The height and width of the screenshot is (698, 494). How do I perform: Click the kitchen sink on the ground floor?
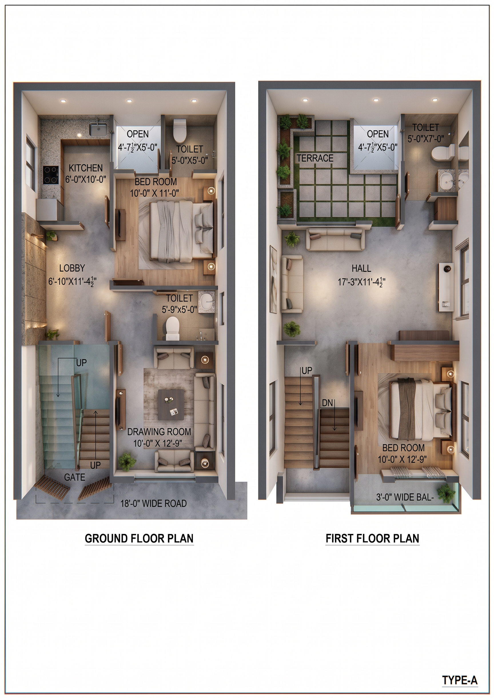point(98,129)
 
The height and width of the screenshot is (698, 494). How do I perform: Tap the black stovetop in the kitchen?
point(51,175)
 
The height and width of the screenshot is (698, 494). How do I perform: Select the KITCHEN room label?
point(85,168)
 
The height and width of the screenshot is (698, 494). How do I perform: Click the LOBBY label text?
point(72,268)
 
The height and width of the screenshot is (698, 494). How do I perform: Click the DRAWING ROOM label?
point(159,432)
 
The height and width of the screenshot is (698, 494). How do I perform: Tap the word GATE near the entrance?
point(75,477)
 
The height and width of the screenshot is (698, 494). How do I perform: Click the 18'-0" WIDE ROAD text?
point(154,503)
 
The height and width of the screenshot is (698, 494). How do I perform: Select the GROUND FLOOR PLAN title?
point(139,538)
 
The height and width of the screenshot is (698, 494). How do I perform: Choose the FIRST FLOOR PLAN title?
point(372,538)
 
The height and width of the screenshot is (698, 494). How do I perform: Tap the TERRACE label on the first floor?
point(315,158)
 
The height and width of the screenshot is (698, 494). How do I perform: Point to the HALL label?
point(361,268)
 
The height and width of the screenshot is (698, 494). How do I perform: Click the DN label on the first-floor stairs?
point(327,403)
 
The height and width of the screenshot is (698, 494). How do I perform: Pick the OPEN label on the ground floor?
point(138,134)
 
